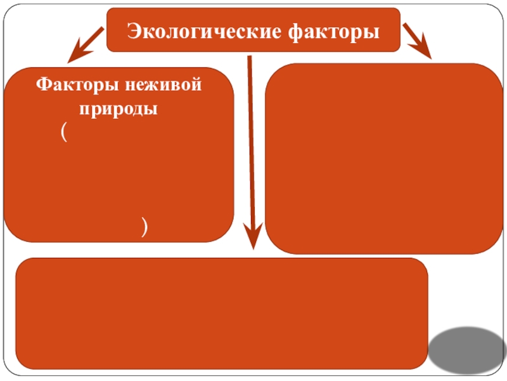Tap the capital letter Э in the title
coord(134,30)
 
